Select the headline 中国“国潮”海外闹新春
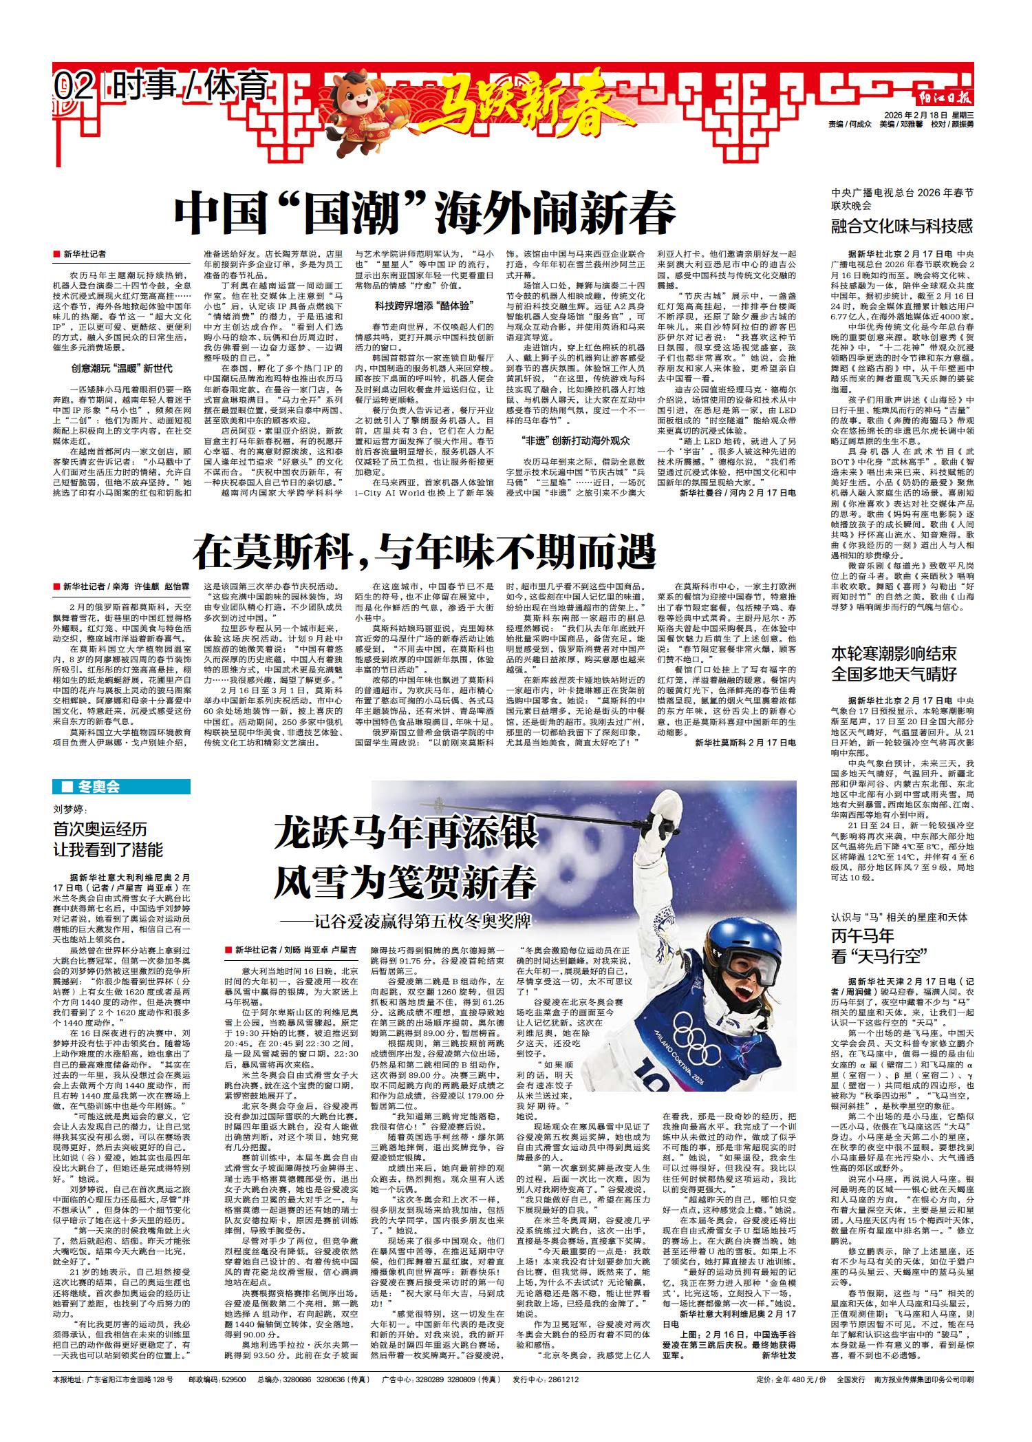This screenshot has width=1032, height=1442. coord(424,213)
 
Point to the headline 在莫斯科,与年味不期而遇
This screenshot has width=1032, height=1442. coord(424,551)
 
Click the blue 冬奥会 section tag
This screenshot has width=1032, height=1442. coord(121,787)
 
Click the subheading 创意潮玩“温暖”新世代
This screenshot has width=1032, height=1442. coord(122,368)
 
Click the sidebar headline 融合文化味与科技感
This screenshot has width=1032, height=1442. coord(902,225)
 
